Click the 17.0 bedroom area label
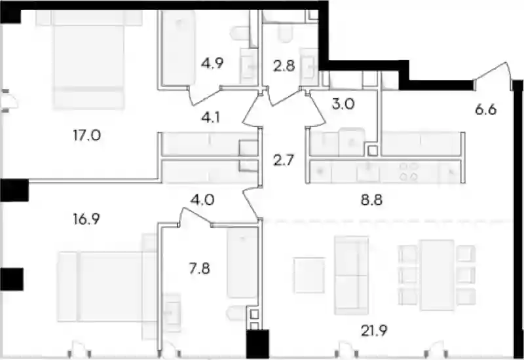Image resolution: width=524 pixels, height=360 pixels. pos(87,135)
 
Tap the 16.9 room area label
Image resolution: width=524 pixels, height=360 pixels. pos(86,219)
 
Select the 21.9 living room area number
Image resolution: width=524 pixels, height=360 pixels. pos(374,331)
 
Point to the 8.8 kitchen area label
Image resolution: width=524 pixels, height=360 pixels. pos(371,200)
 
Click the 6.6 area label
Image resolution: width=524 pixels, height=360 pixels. pos(486,109)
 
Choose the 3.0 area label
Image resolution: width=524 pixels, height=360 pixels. pos(343,104)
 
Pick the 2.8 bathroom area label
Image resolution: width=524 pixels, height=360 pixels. pos(284,67)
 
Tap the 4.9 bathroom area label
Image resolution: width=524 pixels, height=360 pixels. pos(212,63)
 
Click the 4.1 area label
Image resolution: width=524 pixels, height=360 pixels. pos(210,118)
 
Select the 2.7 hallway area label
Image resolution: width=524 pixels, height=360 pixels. pos(284,160)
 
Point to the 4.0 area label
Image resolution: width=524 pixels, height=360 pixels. pos(202,200)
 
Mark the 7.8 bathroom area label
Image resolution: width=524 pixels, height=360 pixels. pos(200,268)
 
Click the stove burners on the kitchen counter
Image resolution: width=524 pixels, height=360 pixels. pos(409,171)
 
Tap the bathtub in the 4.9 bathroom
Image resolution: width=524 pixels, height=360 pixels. pos(178,47)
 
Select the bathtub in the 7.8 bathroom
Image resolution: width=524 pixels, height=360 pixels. pos(242,263)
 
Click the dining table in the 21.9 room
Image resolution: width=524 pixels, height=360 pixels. pos(437,274)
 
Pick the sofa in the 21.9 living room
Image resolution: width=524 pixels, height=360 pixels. pos(352,275)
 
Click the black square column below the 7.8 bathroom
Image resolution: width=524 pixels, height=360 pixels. pos(257,344)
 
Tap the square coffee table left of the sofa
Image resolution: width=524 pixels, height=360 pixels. pos(309,275)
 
